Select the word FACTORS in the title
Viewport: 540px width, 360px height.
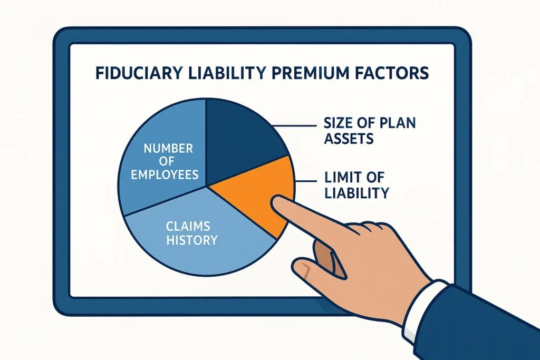pyautogui.click(x=393, y=73)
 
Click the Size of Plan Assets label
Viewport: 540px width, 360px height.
pyautogui.click(x=369, y=131)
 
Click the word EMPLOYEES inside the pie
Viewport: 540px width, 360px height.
pyautogui.click(x=165, y=174)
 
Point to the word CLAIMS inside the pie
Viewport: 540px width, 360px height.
pyautogui.click(x=188, y=227)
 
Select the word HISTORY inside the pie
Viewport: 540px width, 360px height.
pyautogui.click(x=192, y=240)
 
